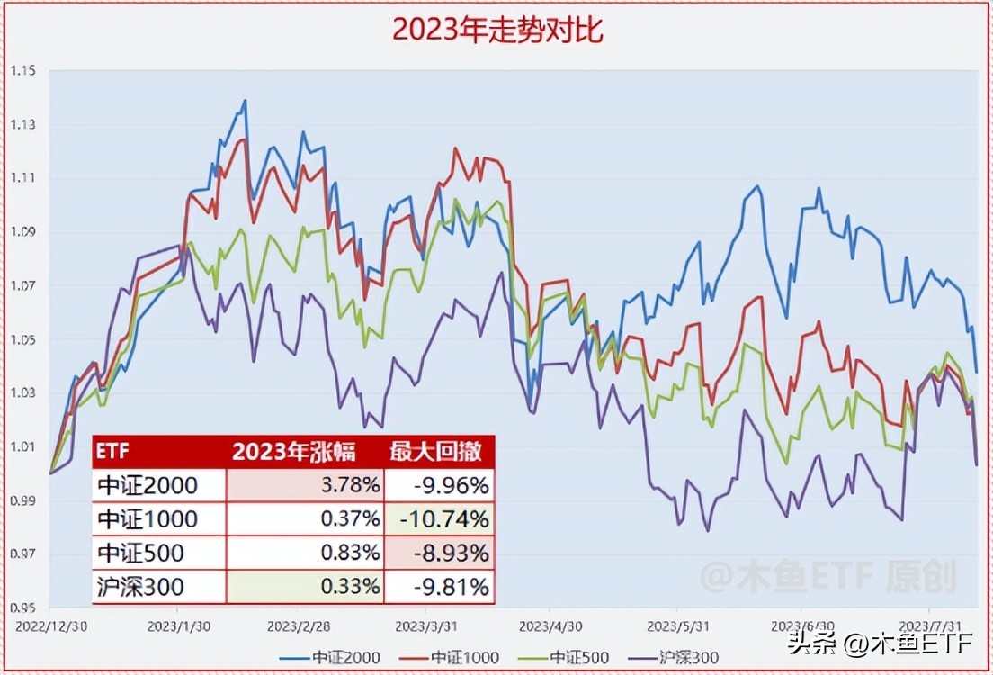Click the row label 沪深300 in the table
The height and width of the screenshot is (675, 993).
(x=139, y=587)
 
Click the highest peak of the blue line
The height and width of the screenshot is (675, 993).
(x=245, y=100)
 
